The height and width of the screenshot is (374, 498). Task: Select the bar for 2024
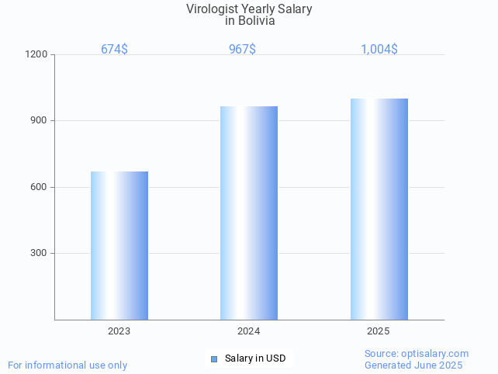click(x=249, y=213)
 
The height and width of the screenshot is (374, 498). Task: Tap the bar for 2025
click(x=379, y=209)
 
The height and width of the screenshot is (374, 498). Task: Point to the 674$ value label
click(x=114, y=49)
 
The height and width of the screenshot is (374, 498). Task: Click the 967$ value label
click(x=242, y=49)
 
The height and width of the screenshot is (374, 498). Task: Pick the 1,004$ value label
click(x=379, y=49)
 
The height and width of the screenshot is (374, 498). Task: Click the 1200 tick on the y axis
click(x=37, y=55)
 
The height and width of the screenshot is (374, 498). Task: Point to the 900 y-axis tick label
click(x=39, y=121)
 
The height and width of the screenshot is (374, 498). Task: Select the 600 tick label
click(x=39, y=187)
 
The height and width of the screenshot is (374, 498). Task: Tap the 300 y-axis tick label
click(x=39, y=254)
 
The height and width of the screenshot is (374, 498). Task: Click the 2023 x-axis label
click(x=119, y=331)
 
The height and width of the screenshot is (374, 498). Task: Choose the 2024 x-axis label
click(x=248, y=331)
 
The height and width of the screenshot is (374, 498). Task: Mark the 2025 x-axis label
click(x=378, y=331)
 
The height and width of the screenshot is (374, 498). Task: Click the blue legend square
click(x=214, y=358)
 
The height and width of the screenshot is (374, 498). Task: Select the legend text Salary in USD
click(x=255, y=358)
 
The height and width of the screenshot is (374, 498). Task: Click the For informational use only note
click(x=67, y=365)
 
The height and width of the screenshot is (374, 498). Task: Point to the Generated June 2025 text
click(x=413, y=365)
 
